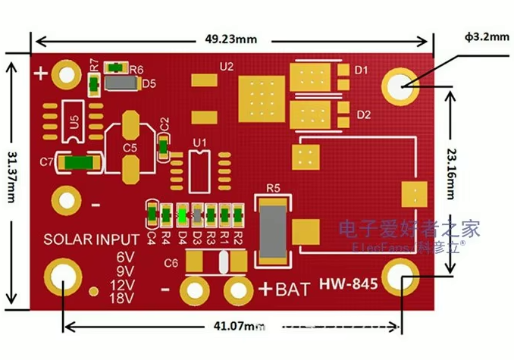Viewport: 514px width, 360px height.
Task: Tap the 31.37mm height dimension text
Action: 11,182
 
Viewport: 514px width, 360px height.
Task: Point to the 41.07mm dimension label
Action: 233,327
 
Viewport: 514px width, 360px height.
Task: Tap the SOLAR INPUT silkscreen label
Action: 91,240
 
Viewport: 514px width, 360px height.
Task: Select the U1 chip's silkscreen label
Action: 199,142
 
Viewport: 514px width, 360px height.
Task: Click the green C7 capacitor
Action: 79,161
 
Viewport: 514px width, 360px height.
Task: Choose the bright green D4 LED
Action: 182,214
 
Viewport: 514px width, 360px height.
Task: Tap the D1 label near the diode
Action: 362,70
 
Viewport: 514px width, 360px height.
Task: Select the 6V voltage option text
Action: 124,256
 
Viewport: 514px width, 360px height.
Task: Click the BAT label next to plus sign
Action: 291,289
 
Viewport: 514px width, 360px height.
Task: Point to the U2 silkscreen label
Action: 226,67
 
